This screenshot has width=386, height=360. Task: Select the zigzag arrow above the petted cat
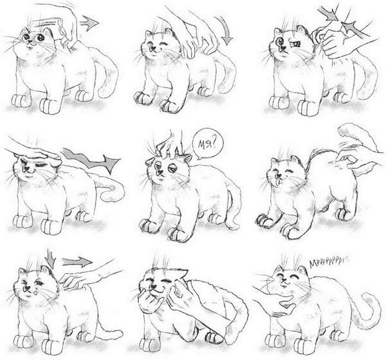click(90, 160)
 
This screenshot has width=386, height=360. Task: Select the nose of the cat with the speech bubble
click(160, 171)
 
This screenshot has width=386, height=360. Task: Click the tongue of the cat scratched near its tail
click(277, 181)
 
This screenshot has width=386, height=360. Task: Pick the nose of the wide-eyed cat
click(30, 42)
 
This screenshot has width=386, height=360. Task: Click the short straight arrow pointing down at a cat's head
click(50, 258)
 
